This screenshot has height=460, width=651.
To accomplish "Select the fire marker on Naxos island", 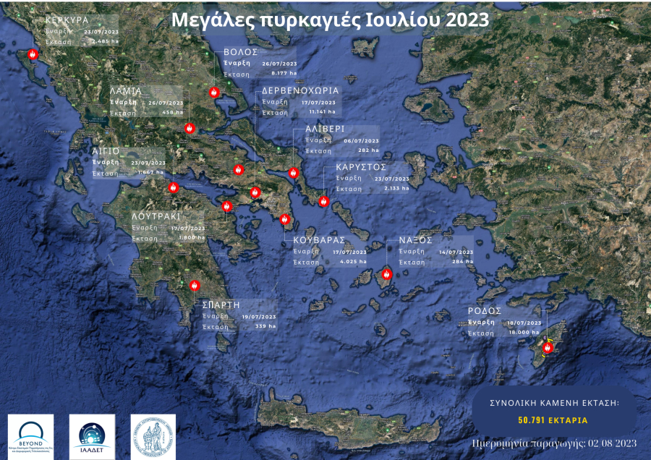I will (386, 275).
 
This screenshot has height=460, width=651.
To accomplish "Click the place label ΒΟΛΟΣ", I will (241, 54).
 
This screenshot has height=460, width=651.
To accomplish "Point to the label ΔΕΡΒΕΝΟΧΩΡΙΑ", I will (300, 92).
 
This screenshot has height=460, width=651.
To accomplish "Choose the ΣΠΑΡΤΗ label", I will (221, 305).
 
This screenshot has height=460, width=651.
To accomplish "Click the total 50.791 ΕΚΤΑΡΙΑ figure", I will (553, 419).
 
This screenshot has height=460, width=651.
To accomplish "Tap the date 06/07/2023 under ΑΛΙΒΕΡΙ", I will (361, 140).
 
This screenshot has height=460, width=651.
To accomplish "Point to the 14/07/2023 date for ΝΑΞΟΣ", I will (454, 252).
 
